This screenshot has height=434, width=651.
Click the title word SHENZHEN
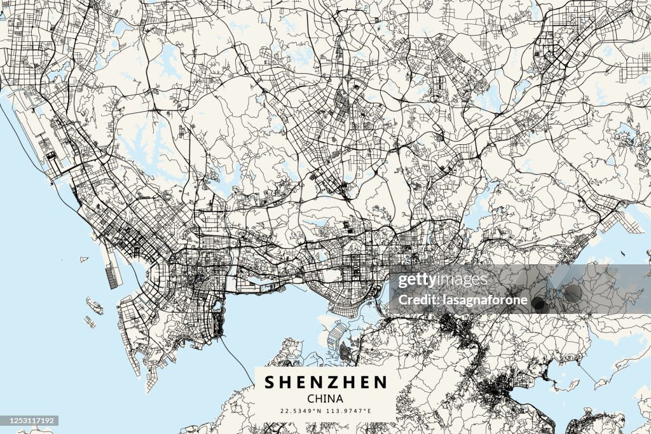(x=325, y=382)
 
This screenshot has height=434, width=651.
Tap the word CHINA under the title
(x=325, y=399)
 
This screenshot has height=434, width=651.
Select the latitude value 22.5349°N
(x=301, y=411)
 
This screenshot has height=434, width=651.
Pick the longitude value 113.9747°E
(x=348, y=411)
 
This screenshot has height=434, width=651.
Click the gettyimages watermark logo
(x=442, y=280)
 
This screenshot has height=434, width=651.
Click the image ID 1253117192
(x=30, y=421)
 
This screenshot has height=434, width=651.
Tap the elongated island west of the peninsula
(x=95, y=307)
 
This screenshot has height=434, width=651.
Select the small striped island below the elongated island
(x=90, y=322)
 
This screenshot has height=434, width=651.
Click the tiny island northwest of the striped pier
(x=84, y=259)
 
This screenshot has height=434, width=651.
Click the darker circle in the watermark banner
(x=539, y=304)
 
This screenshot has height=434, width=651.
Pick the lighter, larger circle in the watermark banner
(x=572, y=293)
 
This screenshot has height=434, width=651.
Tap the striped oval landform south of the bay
(x=336, y=333)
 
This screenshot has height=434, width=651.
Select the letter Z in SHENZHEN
(x=325, y=382)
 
